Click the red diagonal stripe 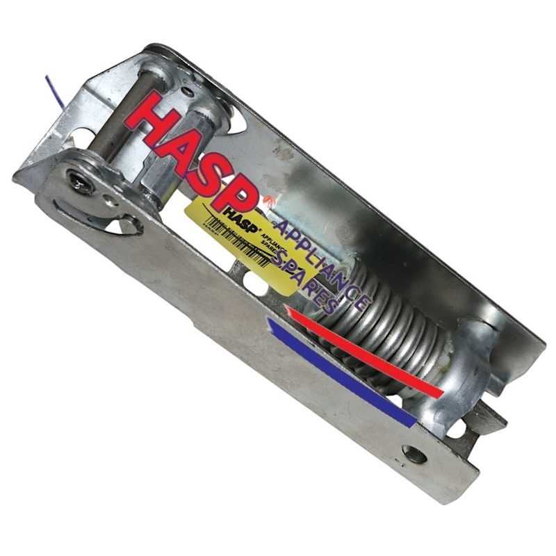pyautogui.click(x=361, y=352)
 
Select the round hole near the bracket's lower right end pyautogui.click(x=415, y=455)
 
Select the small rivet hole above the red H pyautogui.click(x=190, y=90)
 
